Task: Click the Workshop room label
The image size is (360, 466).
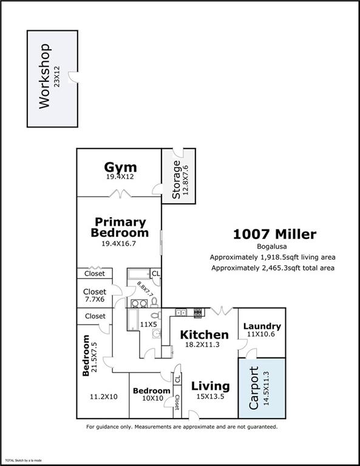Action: tap(44, 76)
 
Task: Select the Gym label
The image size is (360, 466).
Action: tap(120, 167)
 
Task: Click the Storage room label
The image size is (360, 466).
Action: tap(176, 180)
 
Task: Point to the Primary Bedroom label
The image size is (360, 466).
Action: tap(120, 227)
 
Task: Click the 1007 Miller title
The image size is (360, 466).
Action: tap(274, 234)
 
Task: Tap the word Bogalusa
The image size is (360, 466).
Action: tap(273, 247)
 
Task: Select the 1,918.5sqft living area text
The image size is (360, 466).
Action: tap(273, 257)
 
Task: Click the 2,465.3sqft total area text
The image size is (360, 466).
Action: tap(273, 268)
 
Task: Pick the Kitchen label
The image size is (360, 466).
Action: tap(205, 335)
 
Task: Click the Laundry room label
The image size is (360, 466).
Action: tap(262, 326)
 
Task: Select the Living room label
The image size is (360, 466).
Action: tap(210, 386)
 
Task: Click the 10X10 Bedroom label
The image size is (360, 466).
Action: tap(151, 391)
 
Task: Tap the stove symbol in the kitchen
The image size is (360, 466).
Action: tap(198, 313)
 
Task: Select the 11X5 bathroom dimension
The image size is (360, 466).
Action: tap(149, 325)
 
